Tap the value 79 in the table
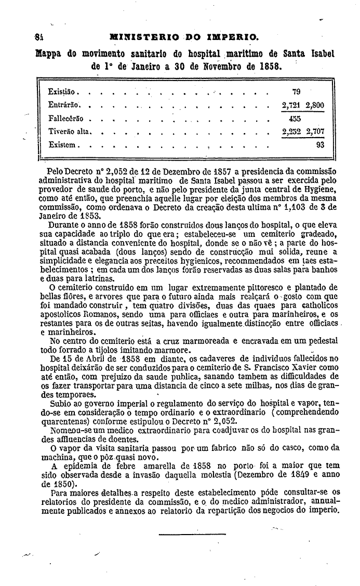tap(296, 92)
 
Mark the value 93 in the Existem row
tap(319, 145)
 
